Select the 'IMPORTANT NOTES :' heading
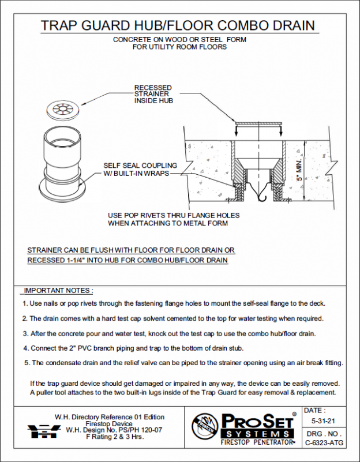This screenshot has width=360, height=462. (58, 290)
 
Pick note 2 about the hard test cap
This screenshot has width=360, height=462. (172, 318)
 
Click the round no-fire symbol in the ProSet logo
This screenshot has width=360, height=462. (205, 427)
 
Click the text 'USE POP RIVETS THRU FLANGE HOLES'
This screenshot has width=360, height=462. (174, 215)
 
